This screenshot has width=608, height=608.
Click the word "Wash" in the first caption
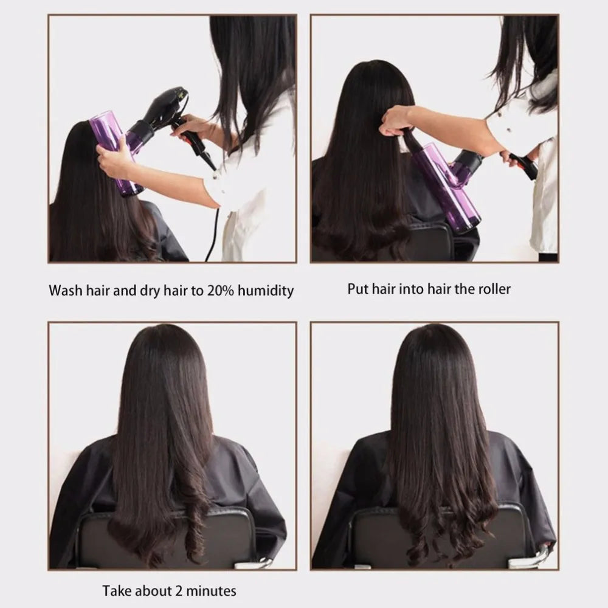coord(65,290)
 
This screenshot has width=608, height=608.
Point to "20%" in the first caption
coord(220,290)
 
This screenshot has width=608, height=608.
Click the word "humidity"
coord(265,291)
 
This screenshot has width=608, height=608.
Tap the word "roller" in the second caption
coord(493,288)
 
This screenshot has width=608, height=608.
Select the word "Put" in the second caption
coord(358,288)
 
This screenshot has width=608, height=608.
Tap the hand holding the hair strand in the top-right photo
coord(396,119)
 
